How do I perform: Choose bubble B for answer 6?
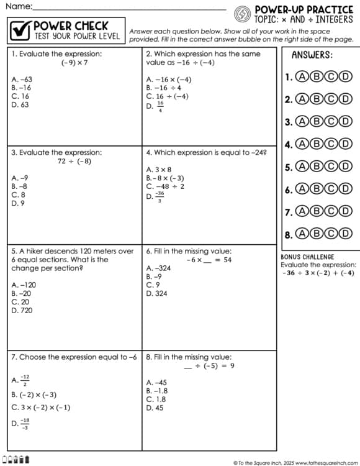click(x=317, y=189)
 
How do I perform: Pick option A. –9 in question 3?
click(x=19, y=177)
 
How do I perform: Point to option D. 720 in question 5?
click(x=23, y=310)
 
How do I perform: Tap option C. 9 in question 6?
click(x=152, y=285)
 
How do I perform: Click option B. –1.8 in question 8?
click(x=157, y=391)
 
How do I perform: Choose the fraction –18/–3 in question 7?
click(x=24, y=423)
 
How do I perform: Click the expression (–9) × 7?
click(x=74, y=63)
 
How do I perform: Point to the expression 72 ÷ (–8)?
click(x=74, y=161)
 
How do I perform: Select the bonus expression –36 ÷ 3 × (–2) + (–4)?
click(x=317, y=273)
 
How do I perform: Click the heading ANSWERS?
click(x=312, y=55)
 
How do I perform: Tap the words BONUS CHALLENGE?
click(x=307, y=257)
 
